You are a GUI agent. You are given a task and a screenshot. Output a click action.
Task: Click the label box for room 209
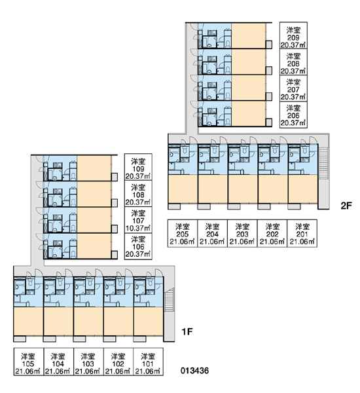tap(293, 35)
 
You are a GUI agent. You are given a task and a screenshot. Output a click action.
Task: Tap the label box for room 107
tap(138, 220)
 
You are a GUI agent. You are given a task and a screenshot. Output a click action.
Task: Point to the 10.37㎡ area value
tap(138, 229)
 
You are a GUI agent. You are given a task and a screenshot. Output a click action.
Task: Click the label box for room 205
tap(183, 234)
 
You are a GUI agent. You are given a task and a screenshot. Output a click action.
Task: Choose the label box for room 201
tap(302, 234)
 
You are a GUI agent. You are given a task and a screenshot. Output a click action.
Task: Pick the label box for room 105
tap(29, 362)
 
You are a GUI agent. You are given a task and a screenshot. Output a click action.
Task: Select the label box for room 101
tap(149, 362)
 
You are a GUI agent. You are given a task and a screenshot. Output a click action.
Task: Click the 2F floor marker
tap(346, 206)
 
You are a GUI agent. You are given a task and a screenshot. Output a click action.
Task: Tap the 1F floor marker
tap(187, 332)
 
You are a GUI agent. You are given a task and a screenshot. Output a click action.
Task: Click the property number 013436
tap(194, 371)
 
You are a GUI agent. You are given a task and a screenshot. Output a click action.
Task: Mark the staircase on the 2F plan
tap(324, 163)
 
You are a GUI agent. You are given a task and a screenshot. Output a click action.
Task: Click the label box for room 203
tap(242, 234)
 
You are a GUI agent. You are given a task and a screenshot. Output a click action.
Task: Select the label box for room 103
tap(88, 362)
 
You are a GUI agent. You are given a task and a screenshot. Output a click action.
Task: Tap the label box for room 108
tap(138, 194)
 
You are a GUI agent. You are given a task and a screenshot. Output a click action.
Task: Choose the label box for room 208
tap(293, 62)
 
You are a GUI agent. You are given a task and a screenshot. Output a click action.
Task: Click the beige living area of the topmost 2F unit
tap(249, 35)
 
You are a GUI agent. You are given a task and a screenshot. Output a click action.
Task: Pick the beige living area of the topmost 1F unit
tap(94, 168)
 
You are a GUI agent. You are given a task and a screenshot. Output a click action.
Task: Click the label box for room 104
tap(59, 362)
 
